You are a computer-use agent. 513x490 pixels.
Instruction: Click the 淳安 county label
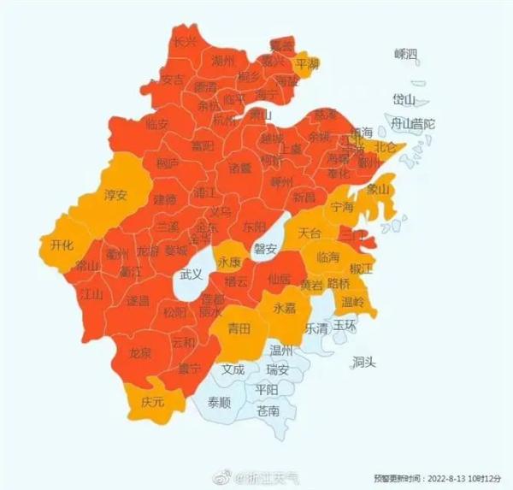tap(115, 195)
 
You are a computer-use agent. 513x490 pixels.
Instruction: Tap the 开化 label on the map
tap(62, 245)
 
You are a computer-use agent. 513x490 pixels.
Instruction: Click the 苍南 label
tap(268, 411)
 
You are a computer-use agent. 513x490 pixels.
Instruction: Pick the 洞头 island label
tap(363, 363)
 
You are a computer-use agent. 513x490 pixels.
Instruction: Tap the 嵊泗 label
tap(407, 54)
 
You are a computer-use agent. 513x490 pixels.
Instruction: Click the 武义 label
tap(192, 274)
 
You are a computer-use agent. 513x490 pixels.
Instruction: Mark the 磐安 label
tap(266, 249)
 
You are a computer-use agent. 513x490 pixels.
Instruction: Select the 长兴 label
tap(185, 41)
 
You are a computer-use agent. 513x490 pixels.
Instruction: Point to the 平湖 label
tap(308, 64)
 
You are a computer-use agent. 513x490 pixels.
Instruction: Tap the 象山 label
tap(377, 189)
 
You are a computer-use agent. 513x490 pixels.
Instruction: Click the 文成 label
tap(232, 370)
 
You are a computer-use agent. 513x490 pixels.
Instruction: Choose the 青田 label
tap(239, 328)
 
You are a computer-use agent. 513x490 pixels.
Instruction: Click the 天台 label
tap(310, 233)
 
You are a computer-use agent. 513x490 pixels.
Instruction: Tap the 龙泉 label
tap(140, 352)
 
